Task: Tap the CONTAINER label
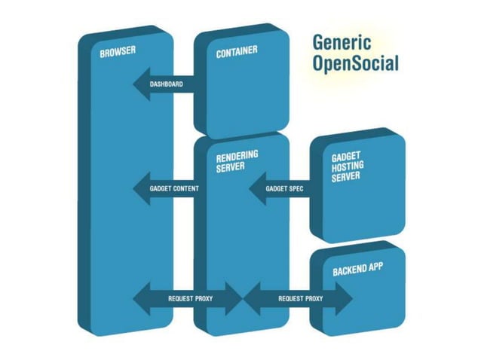(237, 52)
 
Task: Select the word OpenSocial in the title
(355, 63)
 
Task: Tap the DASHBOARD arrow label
(167, 84)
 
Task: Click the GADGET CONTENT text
(174, 188)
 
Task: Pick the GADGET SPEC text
(285, 188)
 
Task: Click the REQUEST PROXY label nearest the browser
(191, 299)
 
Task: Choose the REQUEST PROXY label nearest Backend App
(301, 299)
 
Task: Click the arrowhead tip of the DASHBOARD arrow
(135, 84)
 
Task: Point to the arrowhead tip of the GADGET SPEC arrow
(250, 188)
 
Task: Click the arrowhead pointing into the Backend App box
(351, 299)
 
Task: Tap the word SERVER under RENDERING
(230, 166)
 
